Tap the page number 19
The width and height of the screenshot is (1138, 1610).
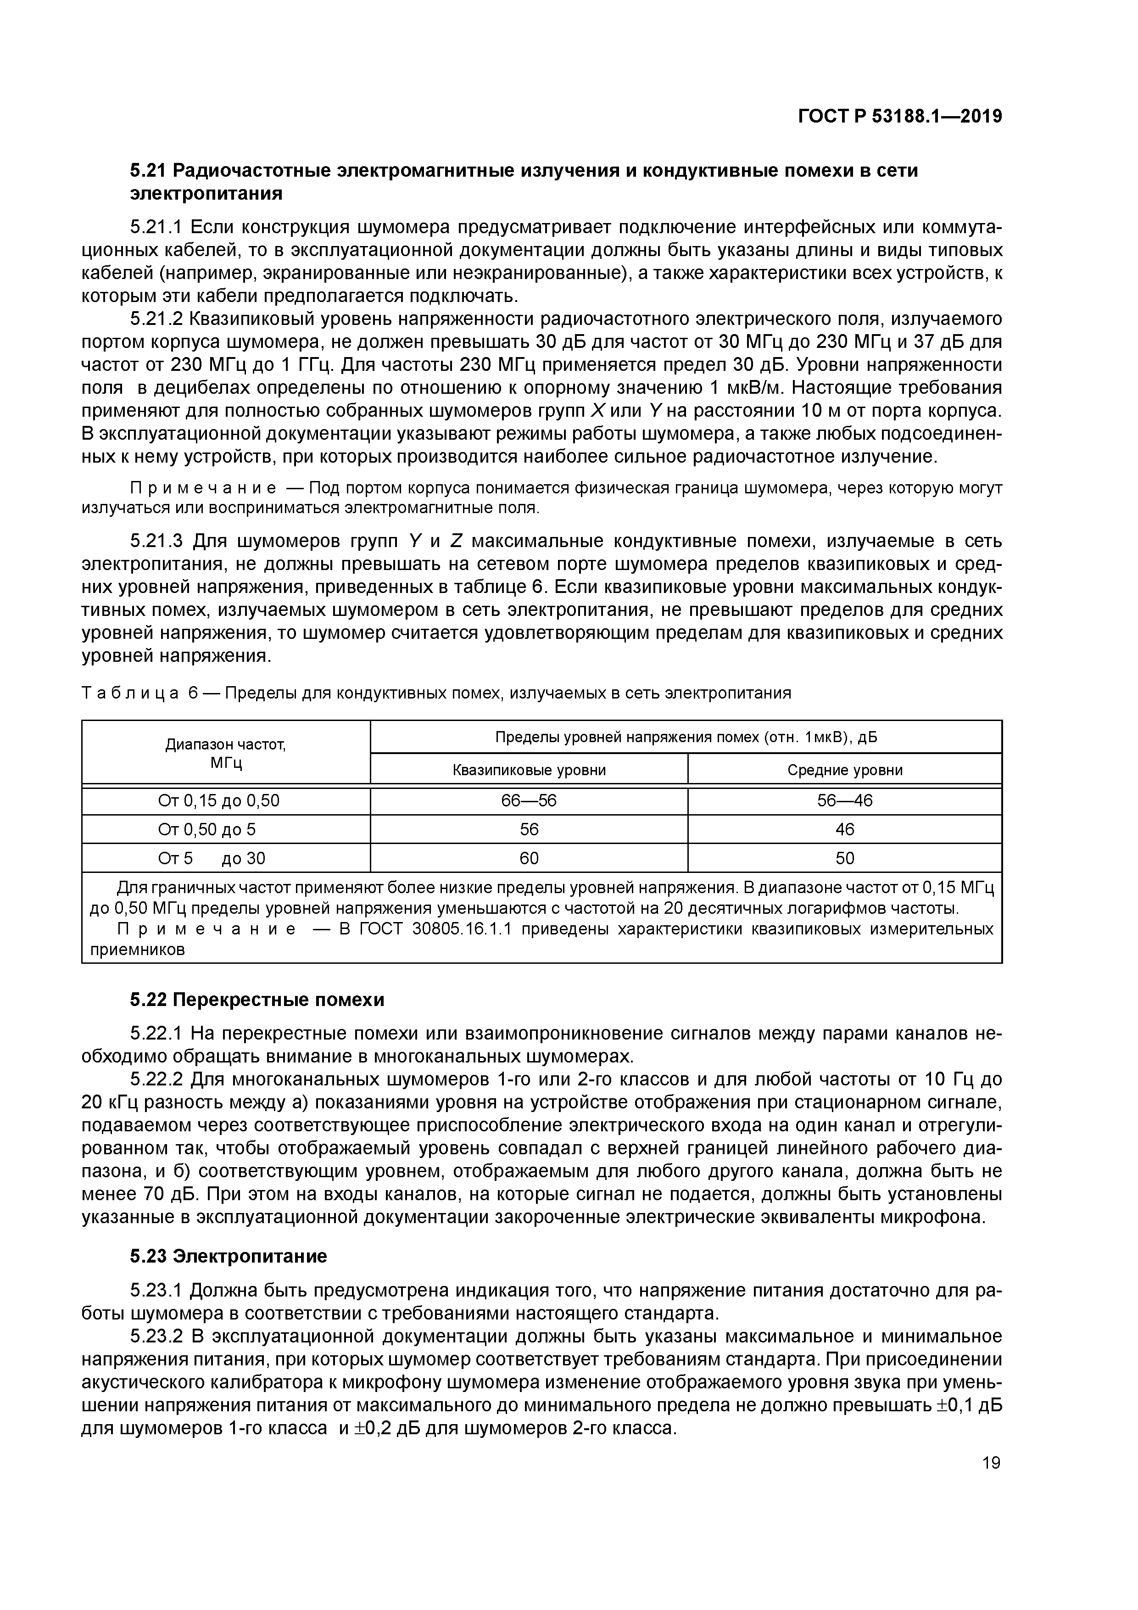pos(991,1463)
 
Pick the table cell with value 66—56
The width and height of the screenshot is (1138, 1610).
pos(529,801)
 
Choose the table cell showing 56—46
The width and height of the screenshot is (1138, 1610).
pos(844,801)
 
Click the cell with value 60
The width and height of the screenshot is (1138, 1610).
pos(529,858)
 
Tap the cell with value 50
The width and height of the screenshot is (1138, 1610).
pos(844,858)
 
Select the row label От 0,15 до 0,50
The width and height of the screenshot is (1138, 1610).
pos(219,801)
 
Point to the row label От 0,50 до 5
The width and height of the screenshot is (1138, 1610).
pos(207,829)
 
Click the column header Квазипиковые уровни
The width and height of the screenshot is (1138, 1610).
pos(529,770)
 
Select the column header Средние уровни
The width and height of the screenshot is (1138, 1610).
pos(844,770)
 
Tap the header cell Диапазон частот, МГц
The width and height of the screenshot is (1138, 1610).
pos(226,753)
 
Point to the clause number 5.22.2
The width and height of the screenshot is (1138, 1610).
pos(156,1079)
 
